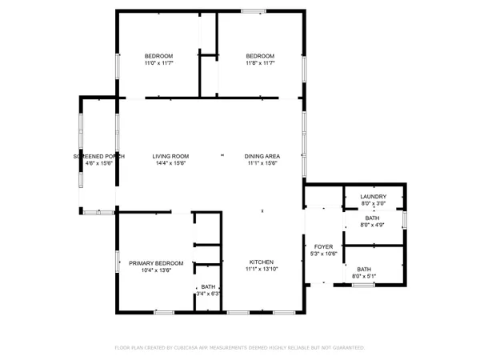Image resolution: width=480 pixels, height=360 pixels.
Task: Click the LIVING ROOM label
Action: tap(170, 156)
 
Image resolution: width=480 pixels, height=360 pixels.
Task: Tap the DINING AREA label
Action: tap(262, 156)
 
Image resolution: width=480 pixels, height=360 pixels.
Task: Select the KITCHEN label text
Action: tap(262, 262)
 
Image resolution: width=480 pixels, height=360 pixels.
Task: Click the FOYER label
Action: tap(323, 247)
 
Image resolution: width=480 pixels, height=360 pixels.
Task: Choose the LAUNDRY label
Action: tap(374, 197)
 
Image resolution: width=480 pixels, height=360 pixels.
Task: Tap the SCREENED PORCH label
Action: tap(98, 156)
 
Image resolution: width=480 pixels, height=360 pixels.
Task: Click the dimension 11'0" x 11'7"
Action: tap(158, 63)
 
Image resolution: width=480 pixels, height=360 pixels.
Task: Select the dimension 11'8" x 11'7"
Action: tap(260, 63)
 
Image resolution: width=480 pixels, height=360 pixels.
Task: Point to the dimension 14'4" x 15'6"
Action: tap(170, 163)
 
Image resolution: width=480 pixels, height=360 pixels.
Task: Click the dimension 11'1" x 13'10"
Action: tap(262, 270)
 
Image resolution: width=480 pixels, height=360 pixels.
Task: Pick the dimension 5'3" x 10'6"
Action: tap(323, 254)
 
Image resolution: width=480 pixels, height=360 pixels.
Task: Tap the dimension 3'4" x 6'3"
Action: tap(208, 294)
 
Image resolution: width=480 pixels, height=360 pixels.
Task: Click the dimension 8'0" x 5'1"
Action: tap(364, 277)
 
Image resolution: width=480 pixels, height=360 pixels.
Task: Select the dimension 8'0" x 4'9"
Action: tap(373, 226)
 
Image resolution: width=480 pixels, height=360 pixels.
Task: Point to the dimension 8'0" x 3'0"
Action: tap(374, 204)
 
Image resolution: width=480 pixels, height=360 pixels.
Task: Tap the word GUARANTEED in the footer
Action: tap(345, 348)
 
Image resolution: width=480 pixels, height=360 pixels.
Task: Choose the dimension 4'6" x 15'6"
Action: tap(98, 163)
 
